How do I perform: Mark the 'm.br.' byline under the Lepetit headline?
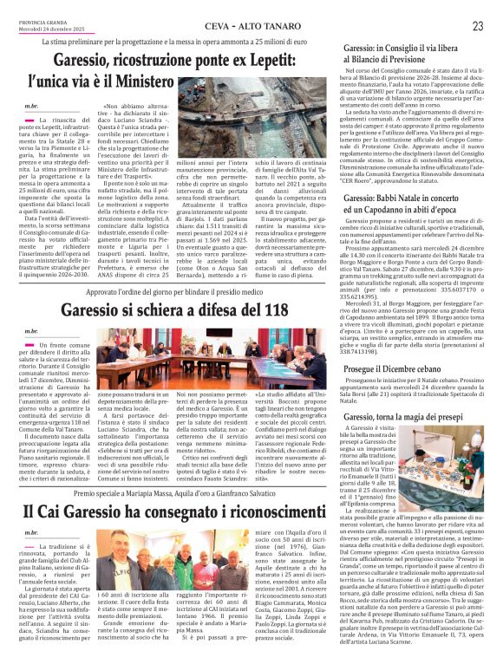click(31, 104)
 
